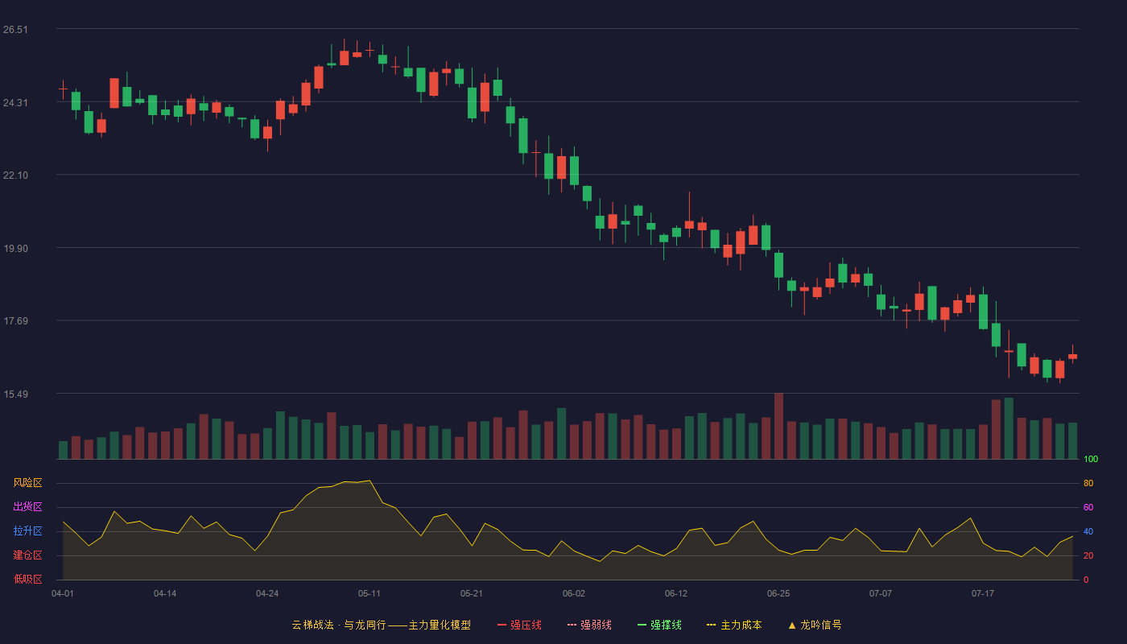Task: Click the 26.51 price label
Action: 15,30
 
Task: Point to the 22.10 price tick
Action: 15,175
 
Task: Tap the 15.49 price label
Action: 15,394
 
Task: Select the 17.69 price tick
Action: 15,321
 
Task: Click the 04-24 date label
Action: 267,594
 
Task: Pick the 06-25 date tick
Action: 778,594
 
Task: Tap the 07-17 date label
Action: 983,594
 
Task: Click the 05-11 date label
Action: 369,594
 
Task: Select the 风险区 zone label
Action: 27,483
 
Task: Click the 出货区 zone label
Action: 27,506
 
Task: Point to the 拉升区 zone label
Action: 27,530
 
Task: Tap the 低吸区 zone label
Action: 27,579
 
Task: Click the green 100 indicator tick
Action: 1091,459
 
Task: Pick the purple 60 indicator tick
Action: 1088,507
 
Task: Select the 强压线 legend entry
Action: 519,625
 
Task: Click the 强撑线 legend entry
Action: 659,625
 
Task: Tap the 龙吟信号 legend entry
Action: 815,625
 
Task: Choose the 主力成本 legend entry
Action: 734,625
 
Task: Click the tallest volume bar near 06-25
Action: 779,426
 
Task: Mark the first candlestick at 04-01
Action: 63,89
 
